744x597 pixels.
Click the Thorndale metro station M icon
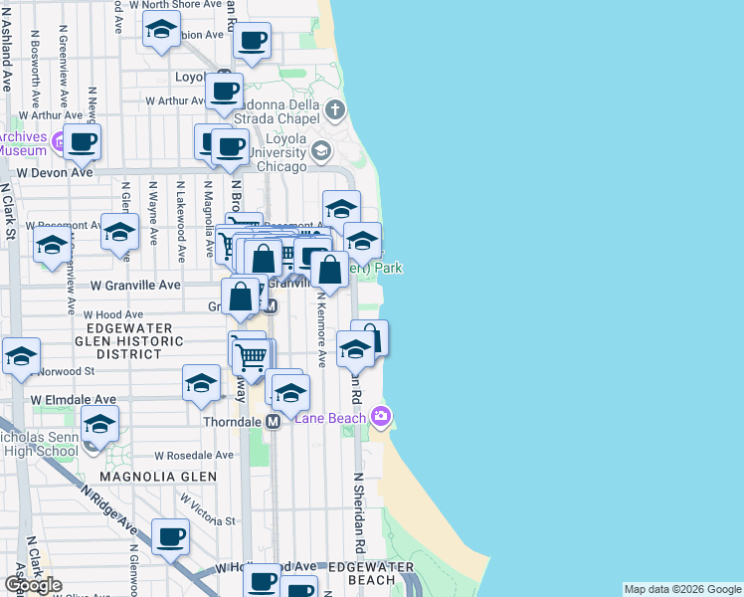(x=272, y=422)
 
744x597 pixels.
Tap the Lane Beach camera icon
(x=379, y=415)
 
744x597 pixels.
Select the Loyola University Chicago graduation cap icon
(x=320, y=151)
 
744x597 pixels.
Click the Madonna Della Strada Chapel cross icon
(x=335, y=109)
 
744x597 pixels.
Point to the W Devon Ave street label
(x=55, y=172)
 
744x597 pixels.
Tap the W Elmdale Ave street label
(x=74, y=399)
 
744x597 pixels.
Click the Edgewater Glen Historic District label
(x=134, y=341)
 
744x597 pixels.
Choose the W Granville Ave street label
(x=136, y=285)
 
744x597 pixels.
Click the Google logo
(x=33, y=585)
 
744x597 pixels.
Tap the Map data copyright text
(x=682, y=589)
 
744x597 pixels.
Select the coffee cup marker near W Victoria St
(x=169, y=537)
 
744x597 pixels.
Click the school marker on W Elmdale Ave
(x=200, y=384)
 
